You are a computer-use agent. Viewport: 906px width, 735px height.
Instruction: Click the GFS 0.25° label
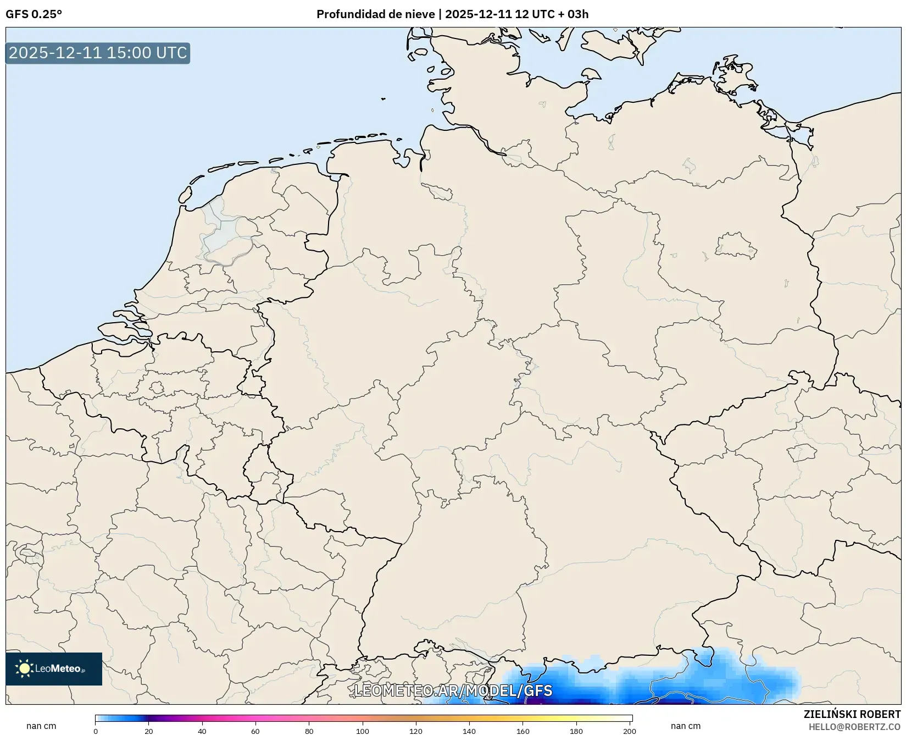click(34, 14)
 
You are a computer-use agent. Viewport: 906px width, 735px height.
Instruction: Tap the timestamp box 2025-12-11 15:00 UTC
click(98, 53)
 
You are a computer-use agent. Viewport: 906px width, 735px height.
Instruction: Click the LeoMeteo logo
click(54, 668)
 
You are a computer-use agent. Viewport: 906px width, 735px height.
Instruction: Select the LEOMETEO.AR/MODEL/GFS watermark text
click(453, 690)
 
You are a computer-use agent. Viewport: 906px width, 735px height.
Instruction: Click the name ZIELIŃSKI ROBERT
click(852, 714)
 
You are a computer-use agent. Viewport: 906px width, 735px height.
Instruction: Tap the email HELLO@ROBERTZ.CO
click(854, 727)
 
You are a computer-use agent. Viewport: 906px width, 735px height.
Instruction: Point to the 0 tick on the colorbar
click(96, 731)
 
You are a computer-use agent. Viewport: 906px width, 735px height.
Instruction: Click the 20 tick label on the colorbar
click(149, 731)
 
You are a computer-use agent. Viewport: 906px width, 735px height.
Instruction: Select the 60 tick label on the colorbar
click(255, 731)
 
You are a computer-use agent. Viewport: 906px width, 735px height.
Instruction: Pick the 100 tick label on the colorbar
click(363, 731)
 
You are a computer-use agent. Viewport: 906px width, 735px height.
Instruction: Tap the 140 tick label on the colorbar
click(469, 731)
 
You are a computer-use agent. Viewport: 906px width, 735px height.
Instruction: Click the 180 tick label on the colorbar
click(576, 731)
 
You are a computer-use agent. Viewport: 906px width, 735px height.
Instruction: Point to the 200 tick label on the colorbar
click(630, 731)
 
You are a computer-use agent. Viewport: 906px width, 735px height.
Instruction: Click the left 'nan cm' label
click(41, 726)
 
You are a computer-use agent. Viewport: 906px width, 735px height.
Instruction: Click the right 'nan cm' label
click(686, 726)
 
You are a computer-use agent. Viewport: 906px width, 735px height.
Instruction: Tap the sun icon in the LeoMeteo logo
click(24, 668)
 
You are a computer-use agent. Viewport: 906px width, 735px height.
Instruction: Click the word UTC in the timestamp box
click(171, 53)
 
